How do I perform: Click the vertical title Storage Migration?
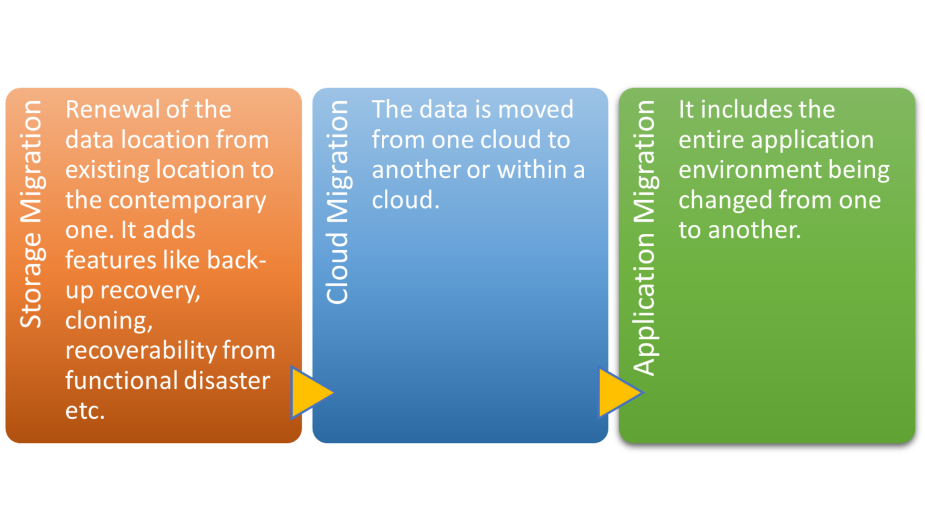point(31,214)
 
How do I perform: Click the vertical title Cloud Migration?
point(338,202)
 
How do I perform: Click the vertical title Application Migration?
point(644,238)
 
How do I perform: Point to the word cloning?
point(108,321)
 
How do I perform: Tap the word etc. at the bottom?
point(85,411)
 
